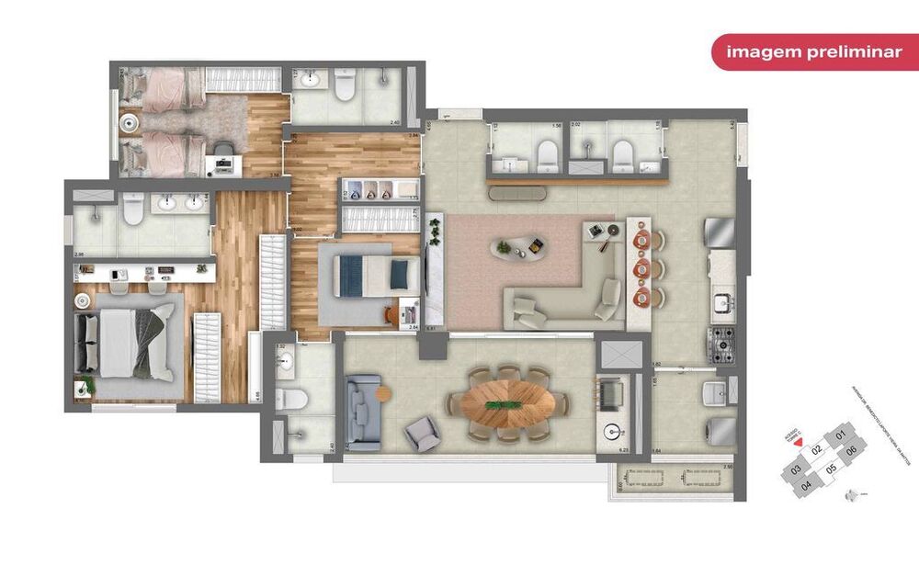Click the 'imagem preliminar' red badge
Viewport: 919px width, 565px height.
click(x=814, y=52)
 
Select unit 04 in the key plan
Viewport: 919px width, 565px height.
click(x=806, y=484)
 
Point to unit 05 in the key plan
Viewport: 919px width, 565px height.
click(x=831, y=469)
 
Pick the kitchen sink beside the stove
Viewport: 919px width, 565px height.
click(x=722, y=299)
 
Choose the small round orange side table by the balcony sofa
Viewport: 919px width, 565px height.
click(x=383, y=393)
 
